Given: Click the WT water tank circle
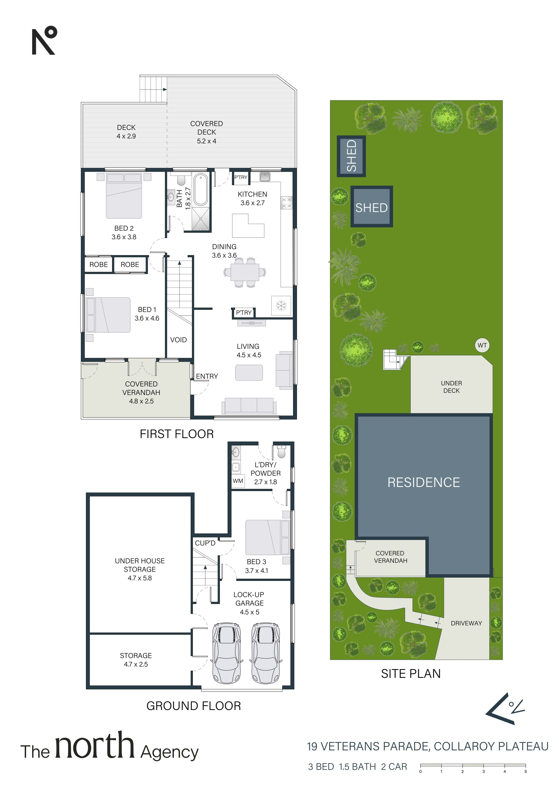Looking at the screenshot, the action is tap(482, 345).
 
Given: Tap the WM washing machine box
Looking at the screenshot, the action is tap(238, 481).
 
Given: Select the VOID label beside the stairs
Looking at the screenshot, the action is tap(179, 340).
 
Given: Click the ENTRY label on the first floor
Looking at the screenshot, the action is tap(207, 376).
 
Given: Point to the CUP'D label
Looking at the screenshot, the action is tap(205, 543).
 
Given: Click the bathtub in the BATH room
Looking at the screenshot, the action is tap(201, 190).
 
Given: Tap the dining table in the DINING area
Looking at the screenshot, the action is tap(245, 272).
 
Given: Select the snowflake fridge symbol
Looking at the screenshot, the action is tap(281, 305).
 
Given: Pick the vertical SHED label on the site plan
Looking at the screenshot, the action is tap(351, 156).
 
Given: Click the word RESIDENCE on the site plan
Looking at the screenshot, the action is tap(424, 482).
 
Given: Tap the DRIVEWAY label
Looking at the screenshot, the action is tap(466, 623).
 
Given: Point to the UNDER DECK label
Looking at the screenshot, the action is tap(452, 387).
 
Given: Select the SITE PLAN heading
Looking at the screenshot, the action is tap(411, 673).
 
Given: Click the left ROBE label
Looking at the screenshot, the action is tap(99, 264).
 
